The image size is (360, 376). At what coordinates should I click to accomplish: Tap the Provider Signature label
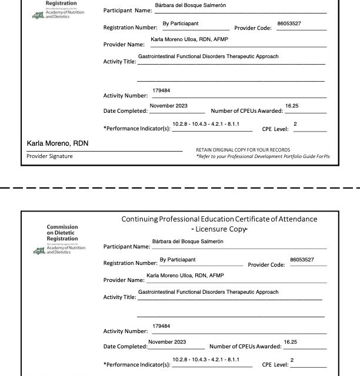(x=50, y=156)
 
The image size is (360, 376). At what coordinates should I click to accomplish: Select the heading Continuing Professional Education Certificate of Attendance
(x=219, y=219)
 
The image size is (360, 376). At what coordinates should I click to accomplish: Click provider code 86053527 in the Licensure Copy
(x=302, y=259)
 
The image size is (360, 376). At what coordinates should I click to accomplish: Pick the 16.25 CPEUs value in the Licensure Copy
(x=291, y=341)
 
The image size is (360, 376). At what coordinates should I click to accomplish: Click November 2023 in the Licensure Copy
(x=167, y=341)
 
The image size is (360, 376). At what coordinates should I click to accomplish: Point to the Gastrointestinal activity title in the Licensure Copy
(x=208, y=292)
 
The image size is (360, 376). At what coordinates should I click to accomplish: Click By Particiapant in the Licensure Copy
(x=178, y=259)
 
